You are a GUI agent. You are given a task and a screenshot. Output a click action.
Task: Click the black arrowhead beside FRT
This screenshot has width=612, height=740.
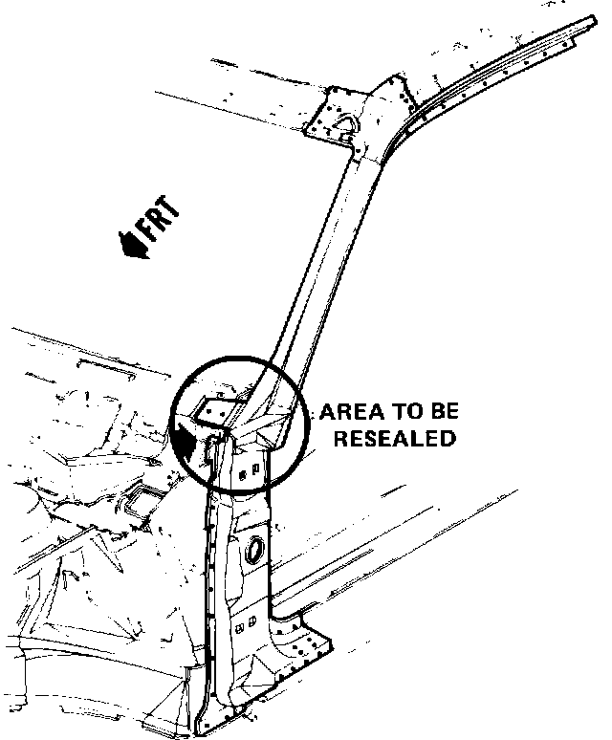coord(130,246)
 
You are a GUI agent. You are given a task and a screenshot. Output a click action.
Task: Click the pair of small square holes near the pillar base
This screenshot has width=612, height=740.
coord(243,626)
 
